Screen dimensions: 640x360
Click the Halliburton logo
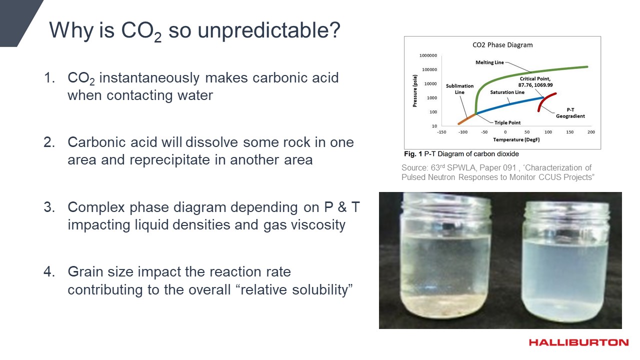pos(578,342)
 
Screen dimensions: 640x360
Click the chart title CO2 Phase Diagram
pos(502,45)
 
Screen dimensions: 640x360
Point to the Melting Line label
pos(489,62)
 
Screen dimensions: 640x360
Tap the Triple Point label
pos(507,122)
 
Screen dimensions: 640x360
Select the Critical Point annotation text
pos(535,81)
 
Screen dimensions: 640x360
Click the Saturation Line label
pos(507,92)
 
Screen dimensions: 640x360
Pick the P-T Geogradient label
pos(570,113)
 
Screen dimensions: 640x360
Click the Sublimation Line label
pos(459,89)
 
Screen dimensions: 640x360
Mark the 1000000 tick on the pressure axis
pos(428,55)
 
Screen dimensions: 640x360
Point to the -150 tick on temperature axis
pos(441,132)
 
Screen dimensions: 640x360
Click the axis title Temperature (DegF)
pos(516,139)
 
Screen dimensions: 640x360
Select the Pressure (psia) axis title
pos(415,91)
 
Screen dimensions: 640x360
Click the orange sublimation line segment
pos(467,119)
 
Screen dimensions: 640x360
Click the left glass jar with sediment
pos(445,255)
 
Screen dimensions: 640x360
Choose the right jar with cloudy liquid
pos(565,261)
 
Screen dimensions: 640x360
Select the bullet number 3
pos(49,207)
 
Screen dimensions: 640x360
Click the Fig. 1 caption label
pos(413,154)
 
